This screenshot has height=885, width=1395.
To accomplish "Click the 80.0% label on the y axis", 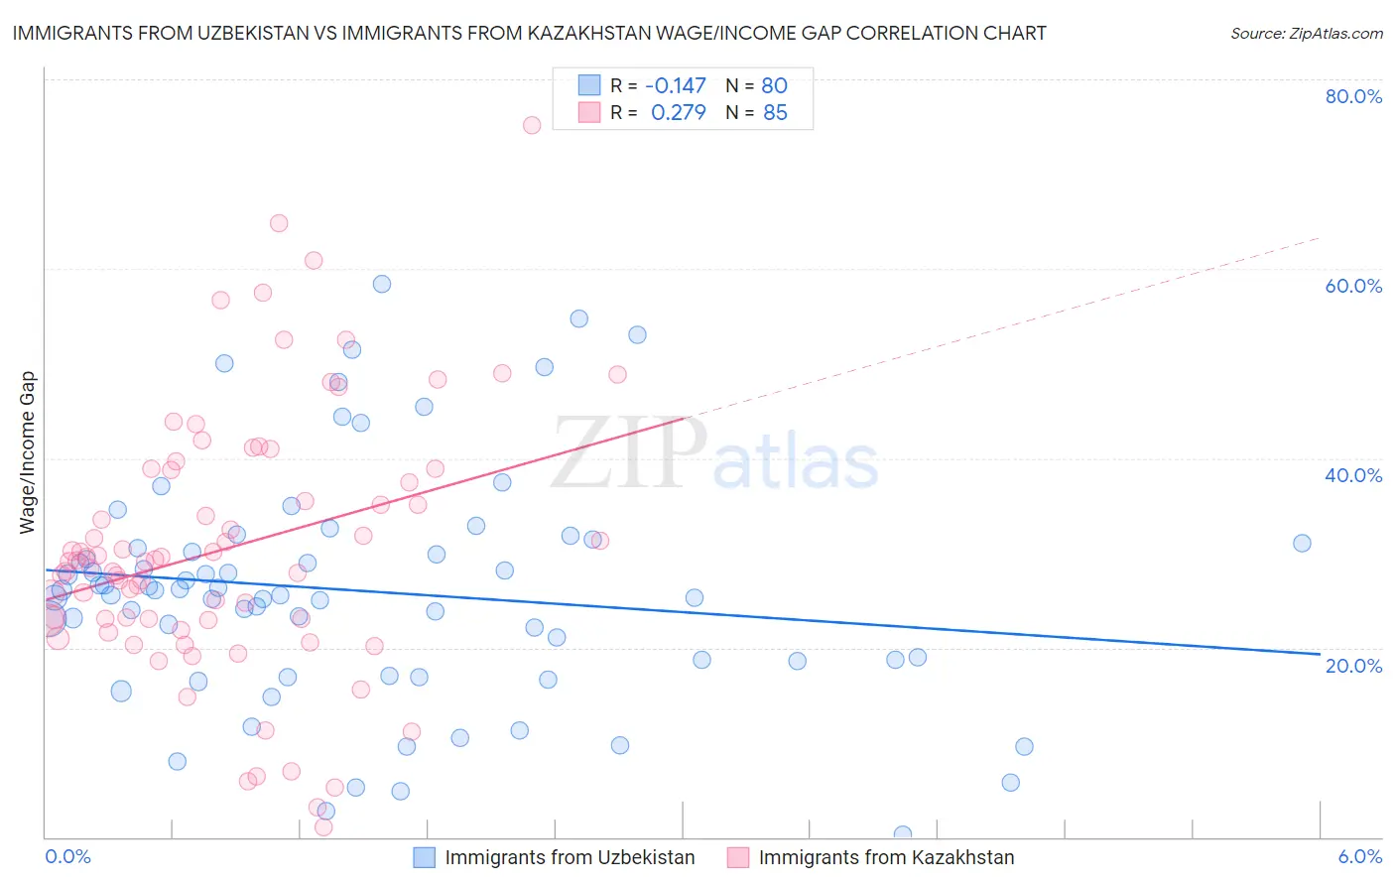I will click(1353, 96).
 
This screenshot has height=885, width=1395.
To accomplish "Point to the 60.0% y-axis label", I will click(1353, 286).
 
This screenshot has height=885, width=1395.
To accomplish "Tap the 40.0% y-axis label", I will click(1353, 475).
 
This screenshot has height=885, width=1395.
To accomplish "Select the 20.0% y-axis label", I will click(1353, 665).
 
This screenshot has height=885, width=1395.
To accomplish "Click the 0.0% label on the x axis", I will click(67, 856).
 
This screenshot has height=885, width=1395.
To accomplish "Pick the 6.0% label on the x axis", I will click(1360, 856).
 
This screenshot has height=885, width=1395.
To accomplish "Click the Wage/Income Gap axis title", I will click(28, 452).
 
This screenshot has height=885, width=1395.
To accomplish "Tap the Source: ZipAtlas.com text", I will click(1306, 34).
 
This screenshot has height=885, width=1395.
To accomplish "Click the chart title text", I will click(529, 34).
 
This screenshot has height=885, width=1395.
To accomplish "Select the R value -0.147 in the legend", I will click(675, 85).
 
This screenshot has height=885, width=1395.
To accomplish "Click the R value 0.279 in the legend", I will click(678, 112).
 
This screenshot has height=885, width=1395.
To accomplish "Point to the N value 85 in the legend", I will click(775, 112).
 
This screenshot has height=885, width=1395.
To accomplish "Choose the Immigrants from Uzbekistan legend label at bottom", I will click(570, 857).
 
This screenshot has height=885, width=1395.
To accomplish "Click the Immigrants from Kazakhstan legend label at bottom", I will click(886, 857).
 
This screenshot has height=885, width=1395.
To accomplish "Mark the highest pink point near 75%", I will click(532, 125).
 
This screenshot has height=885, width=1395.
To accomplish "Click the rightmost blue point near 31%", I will click(1302, 543).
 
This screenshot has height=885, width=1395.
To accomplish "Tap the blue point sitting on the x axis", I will click(902, 834).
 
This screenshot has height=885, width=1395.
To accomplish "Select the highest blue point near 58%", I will click(382, 284).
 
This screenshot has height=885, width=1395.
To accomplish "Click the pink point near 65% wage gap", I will click(279, 223).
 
